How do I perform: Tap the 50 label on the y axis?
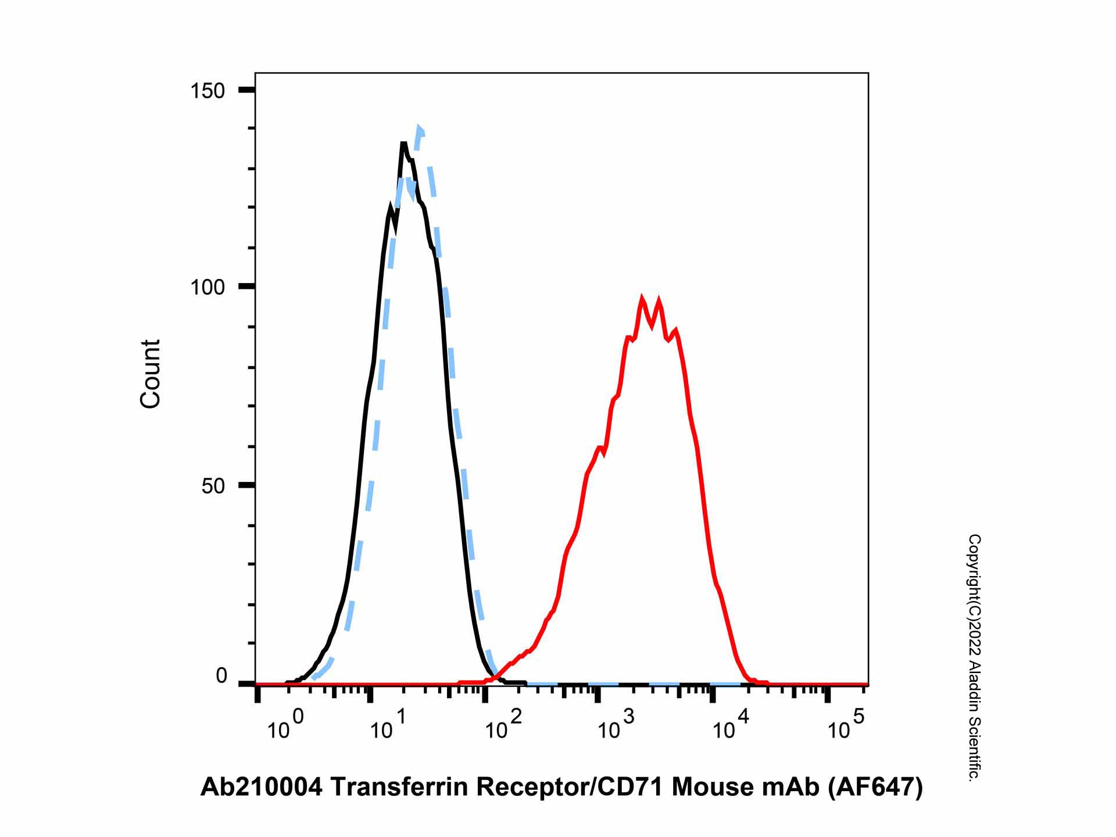(213, 486)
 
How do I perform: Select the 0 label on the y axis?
(221, 676)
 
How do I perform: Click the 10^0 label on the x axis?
(285, 727)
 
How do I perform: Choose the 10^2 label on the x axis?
(503, 727)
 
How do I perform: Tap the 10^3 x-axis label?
(616, 727)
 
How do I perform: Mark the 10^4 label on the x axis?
(731, 727)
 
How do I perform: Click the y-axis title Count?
(150, 374)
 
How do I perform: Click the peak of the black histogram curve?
(403, 143)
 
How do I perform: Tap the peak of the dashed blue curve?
(419, 127)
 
